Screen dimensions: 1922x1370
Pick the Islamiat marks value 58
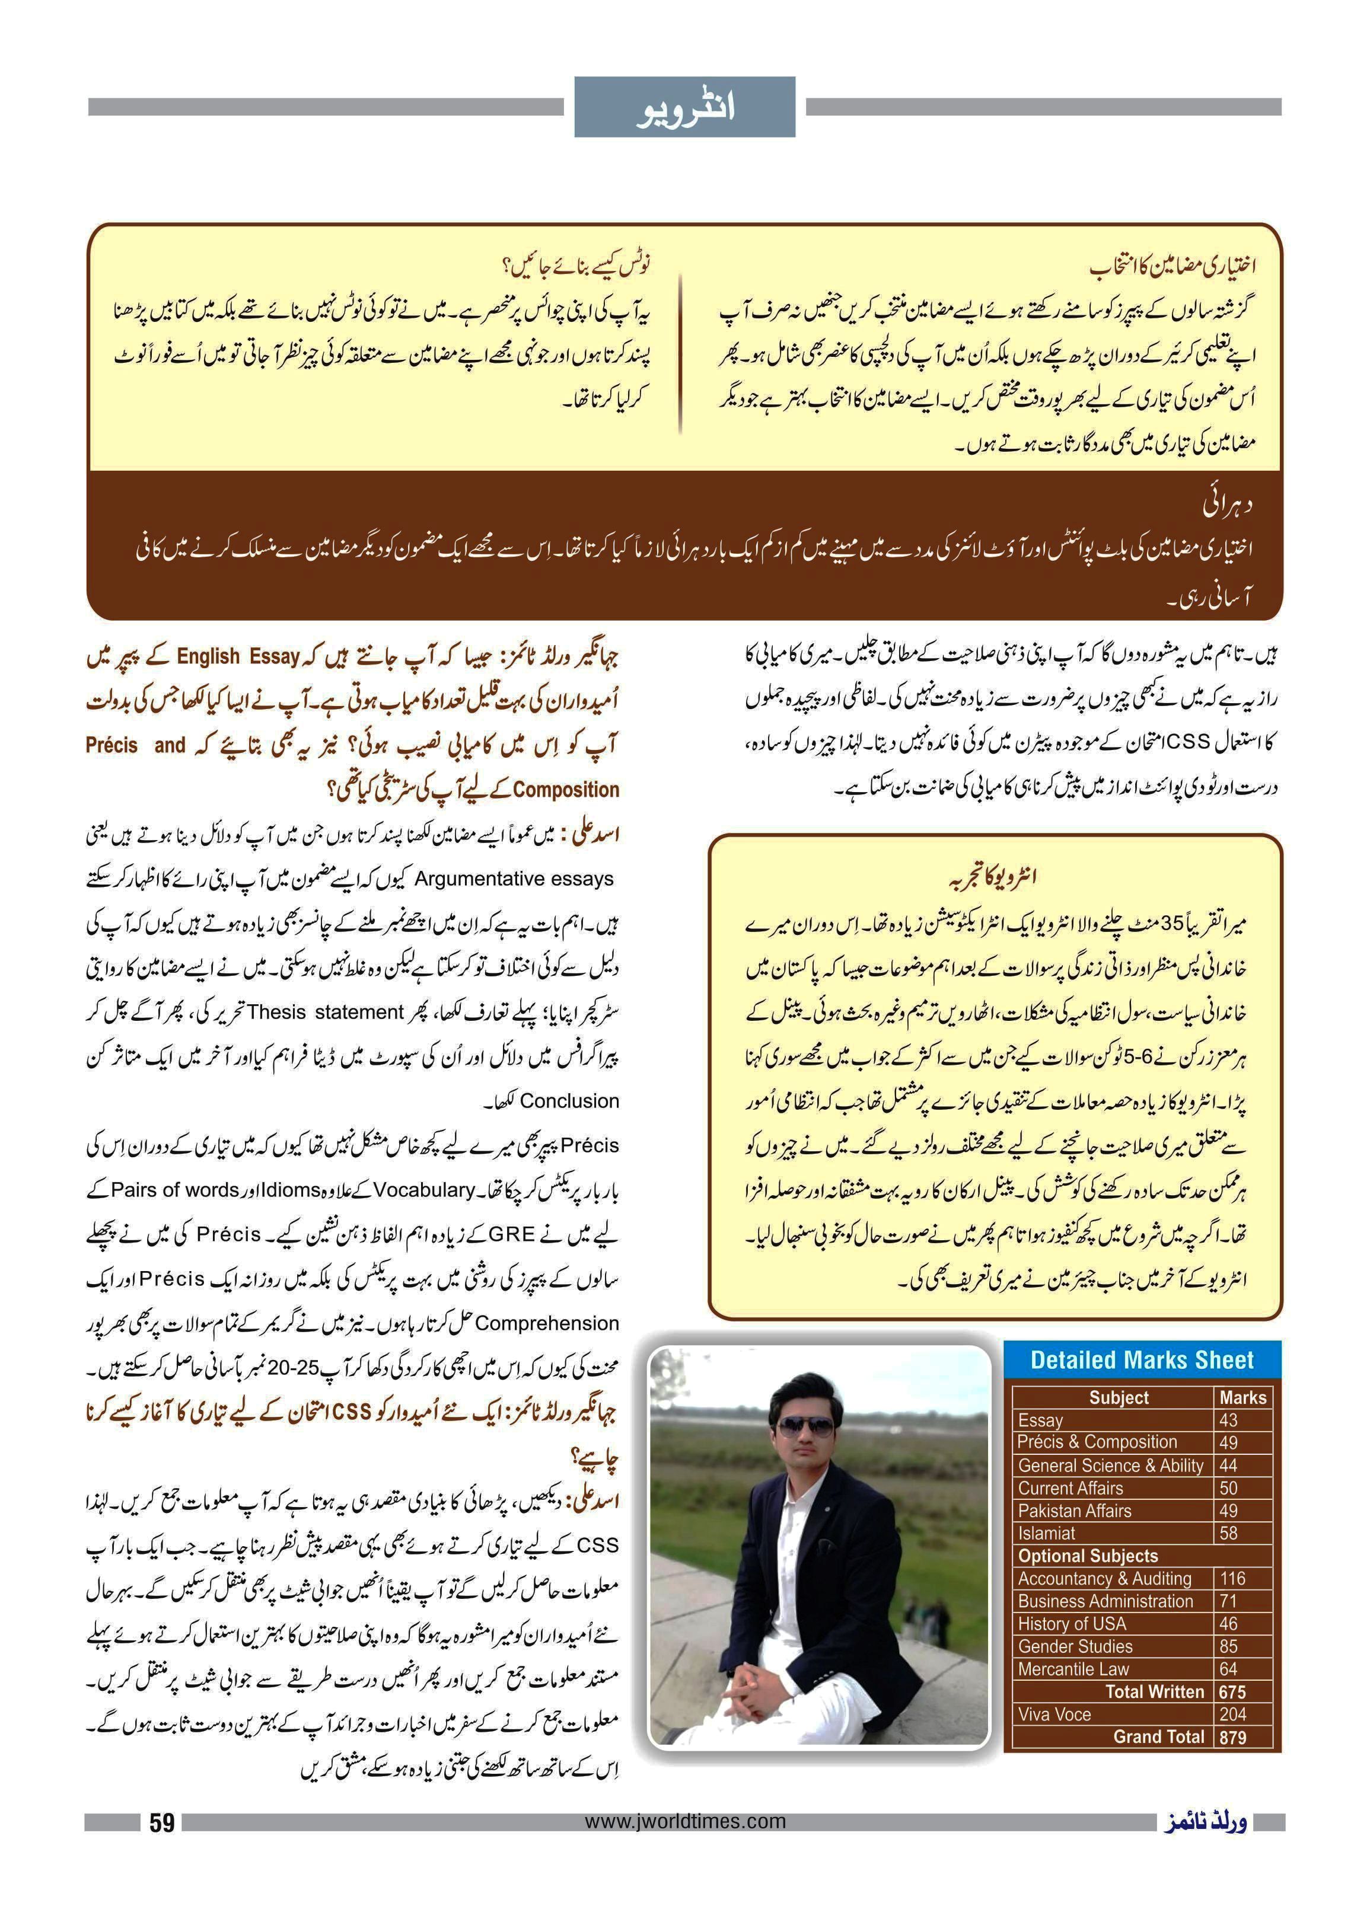click(x=1228, y=1533)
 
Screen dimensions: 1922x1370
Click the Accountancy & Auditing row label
click(x=1104, y=1579)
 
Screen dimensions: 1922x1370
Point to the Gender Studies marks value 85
click(x=1228, y=1646)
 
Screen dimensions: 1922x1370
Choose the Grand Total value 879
click(x=1232, y=1737)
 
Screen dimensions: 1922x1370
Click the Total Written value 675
click(x=1232, y=1692)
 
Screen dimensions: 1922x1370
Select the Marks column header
click(x=1242, y=1397)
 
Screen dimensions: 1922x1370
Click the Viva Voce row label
click(x=1054, y=1714)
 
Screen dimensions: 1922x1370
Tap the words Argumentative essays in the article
click(x=514, y=879)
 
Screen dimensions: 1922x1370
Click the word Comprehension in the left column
click(x=547, y=1324)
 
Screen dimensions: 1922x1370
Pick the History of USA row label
click(x=1071, y=1623)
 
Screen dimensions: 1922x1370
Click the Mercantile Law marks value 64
click(x=1228, y=1669)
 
